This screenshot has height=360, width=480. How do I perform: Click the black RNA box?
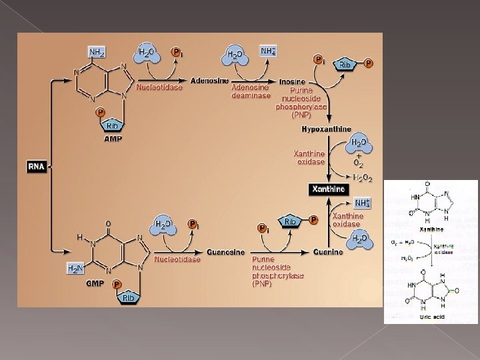pos(36,166)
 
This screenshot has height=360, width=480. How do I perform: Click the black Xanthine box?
pos(329,189)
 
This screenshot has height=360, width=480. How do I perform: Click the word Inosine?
pos(292,82)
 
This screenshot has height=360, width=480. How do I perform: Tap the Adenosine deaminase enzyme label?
pos(251,91)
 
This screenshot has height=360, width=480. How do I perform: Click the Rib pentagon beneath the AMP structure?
pos(111,125)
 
